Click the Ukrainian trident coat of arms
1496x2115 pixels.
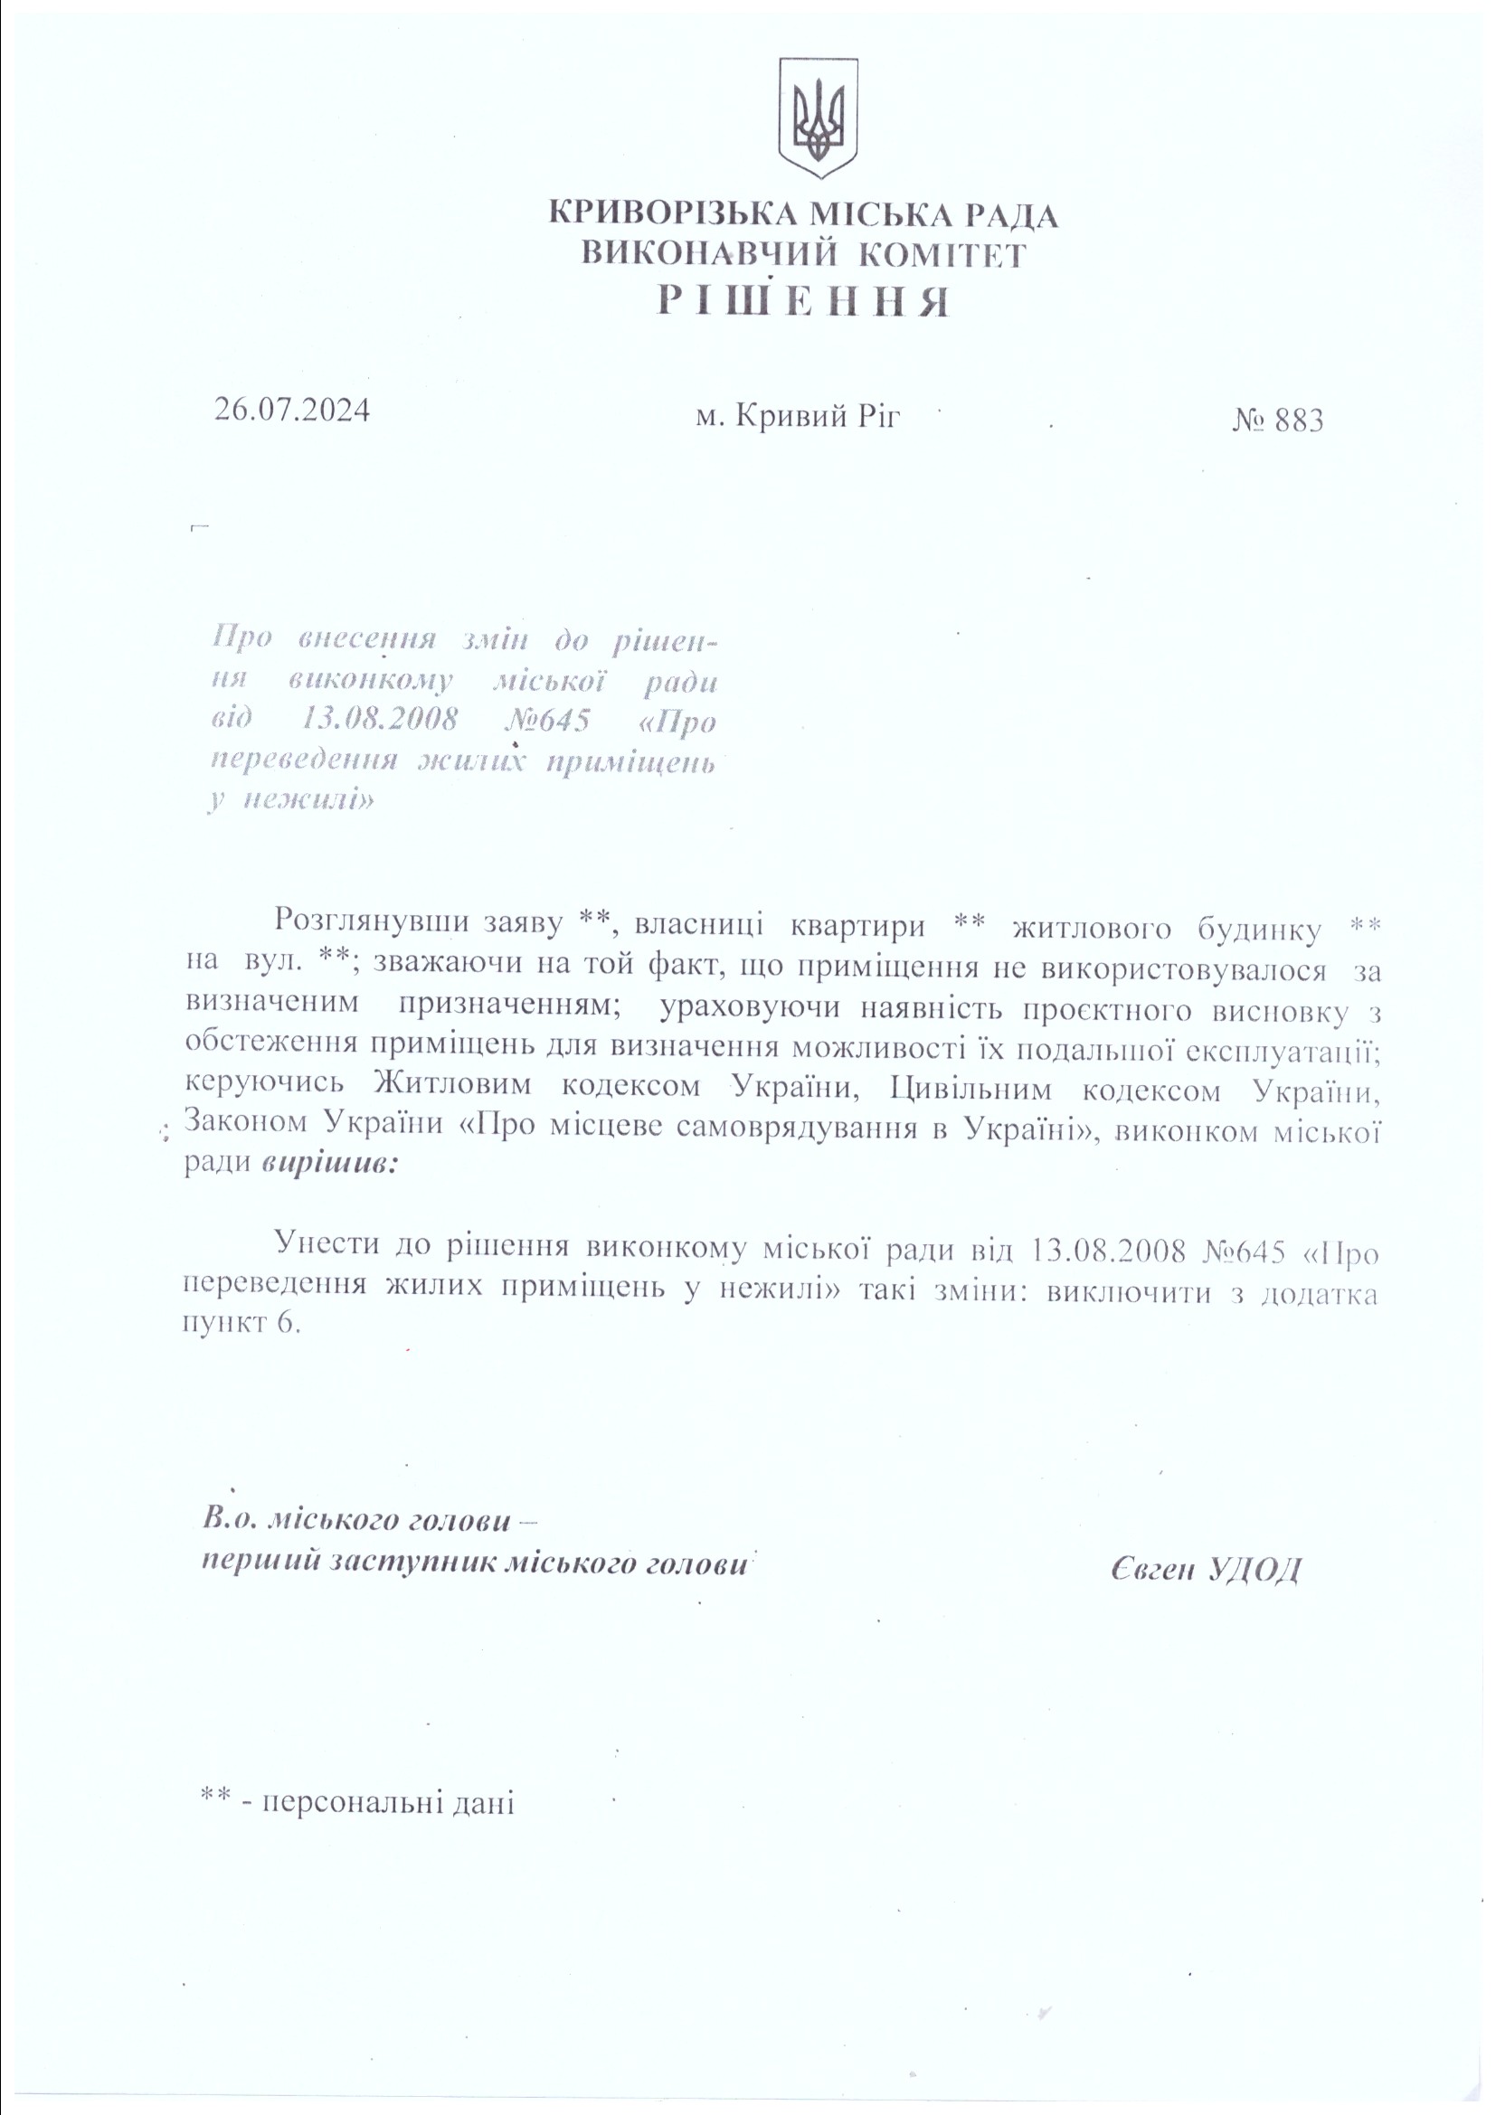coord(818,118)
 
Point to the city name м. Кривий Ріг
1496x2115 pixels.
coord(798,417)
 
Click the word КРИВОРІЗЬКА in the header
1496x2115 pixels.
coord(674,215)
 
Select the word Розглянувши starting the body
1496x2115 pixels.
coord(373,921)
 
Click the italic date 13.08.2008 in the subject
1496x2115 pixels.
coord(380,721)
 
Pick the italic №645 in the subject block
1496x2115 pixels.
coord(547,721)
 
